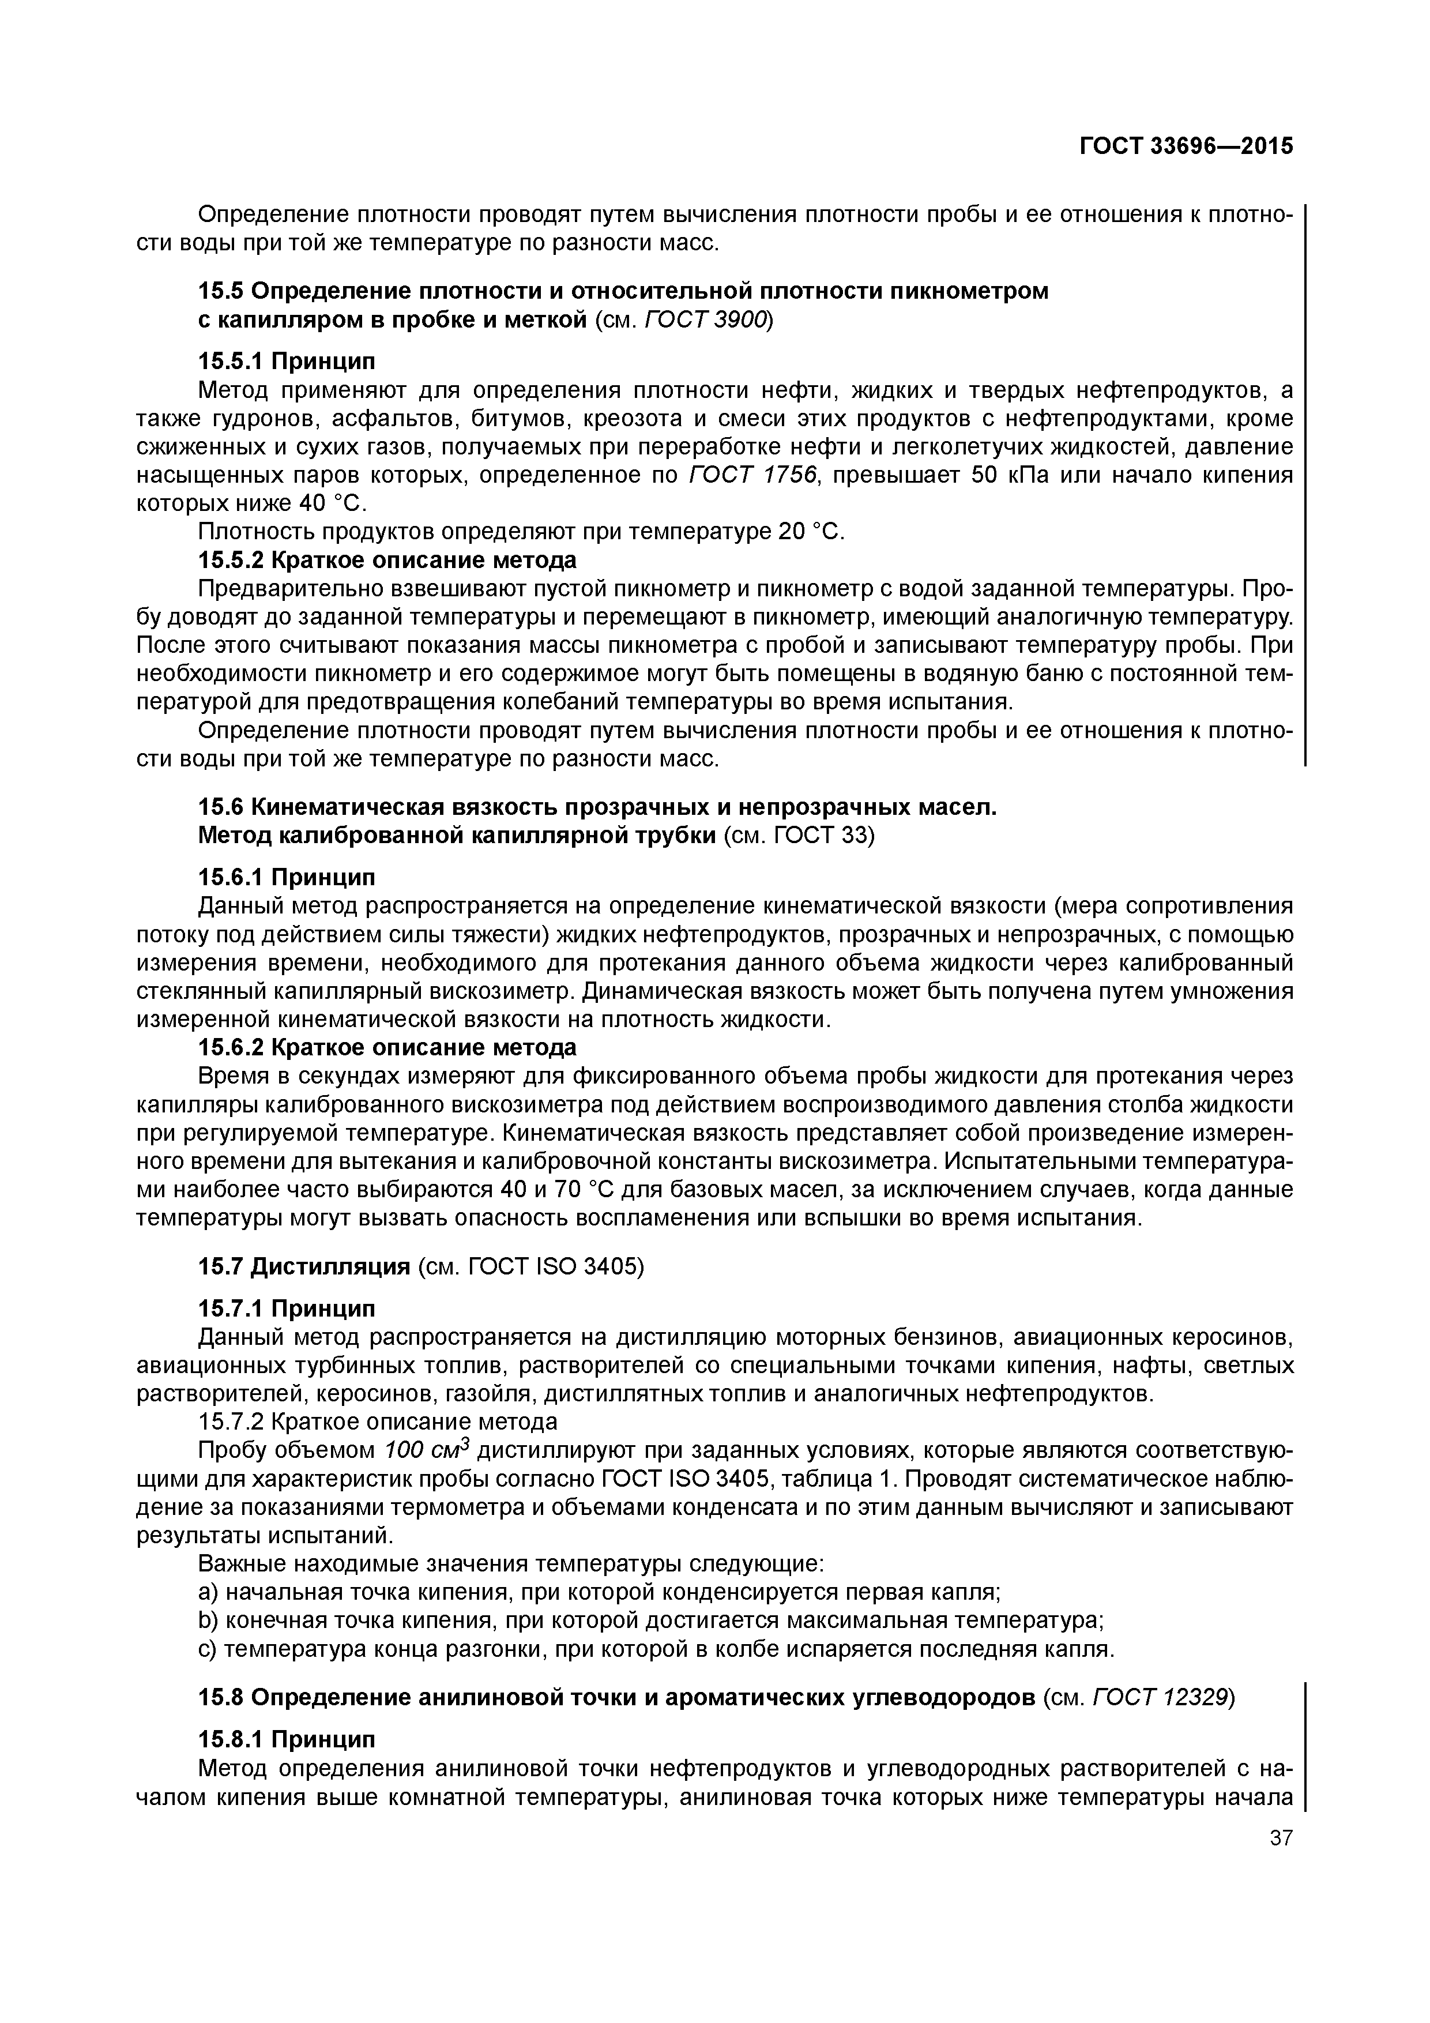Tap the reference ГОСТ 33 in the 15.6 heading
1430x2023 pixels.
[x=823, y=835]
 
